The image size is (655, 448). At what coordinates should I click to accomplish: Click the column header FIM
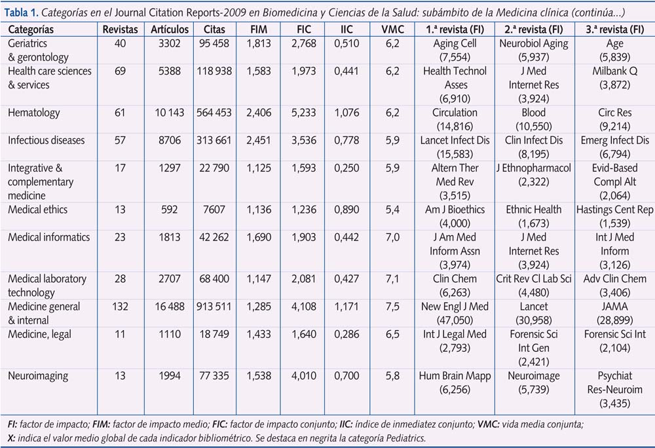258,30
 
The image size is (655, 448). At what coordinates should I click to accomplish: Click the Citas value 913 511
214,307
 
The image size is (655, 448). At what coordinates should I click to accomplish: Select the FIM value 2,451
258,140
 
